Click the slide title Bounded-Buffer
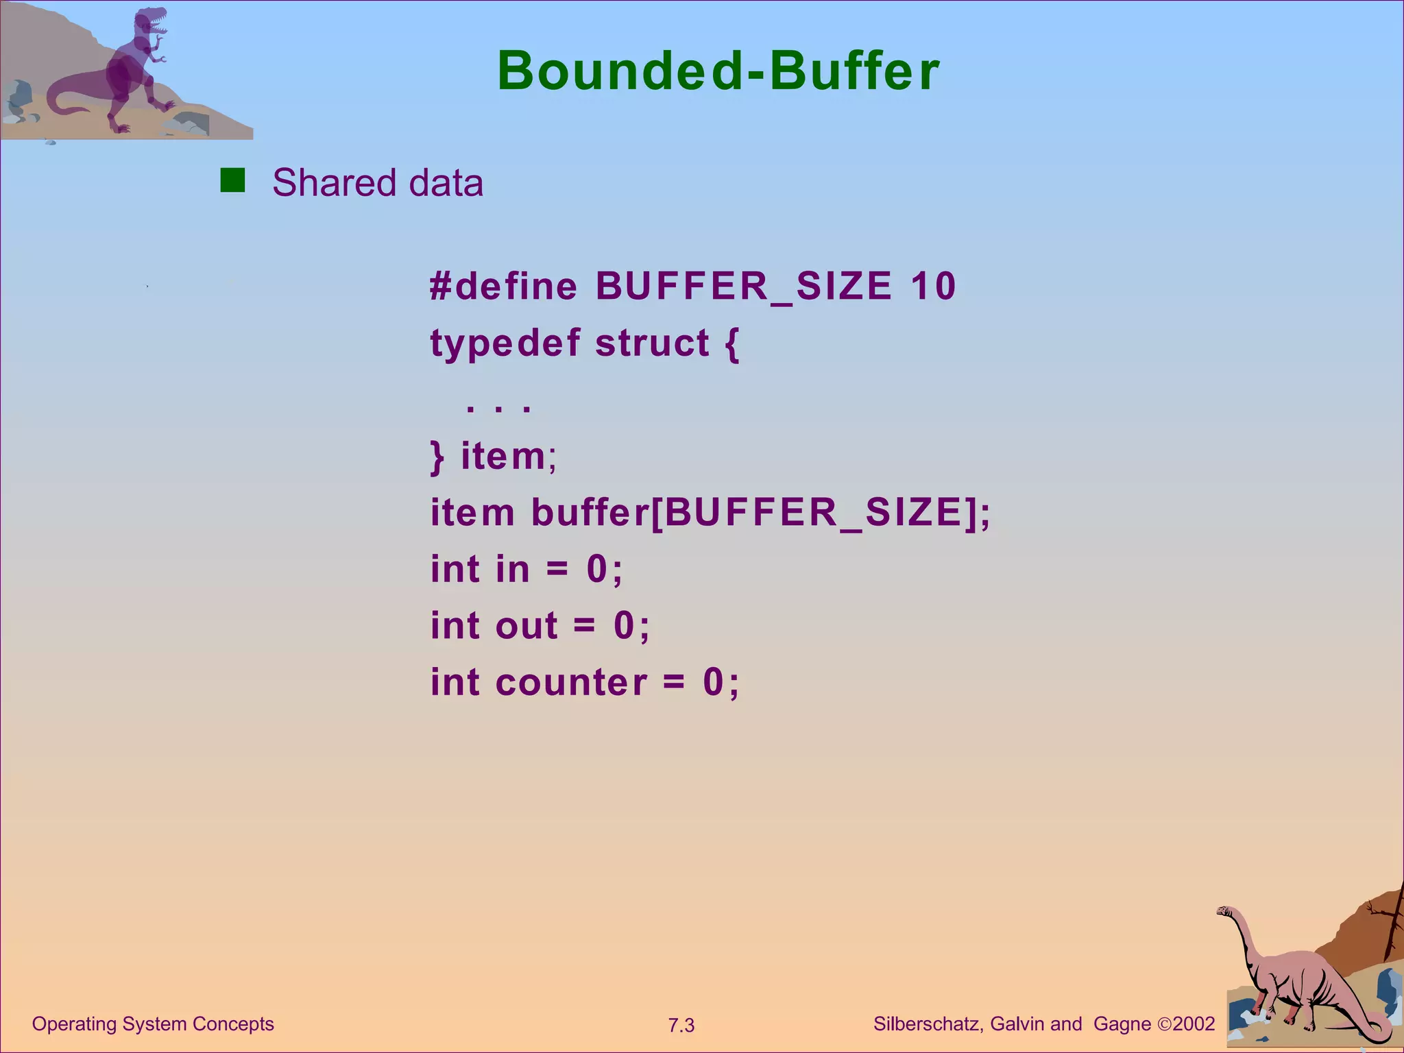[718, 71]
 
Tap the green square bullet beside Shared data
[232, 181]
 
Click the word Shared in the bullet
[335, 183]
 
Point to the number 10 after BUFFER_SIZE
[933, 286]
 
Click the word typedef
[505, 343]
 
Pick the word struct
[652, 343]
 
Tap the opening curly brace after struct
[732, 344]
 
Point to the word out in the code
[526, 626]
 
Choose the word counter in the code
[571, 683]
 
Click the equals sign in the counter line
[674, 683]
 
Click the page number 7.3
[681, 1026]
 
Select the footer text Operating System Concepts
[153, 1024]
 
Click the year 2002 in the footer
[1194, 1024]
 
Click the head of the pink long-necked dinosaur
[1225, 911]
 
